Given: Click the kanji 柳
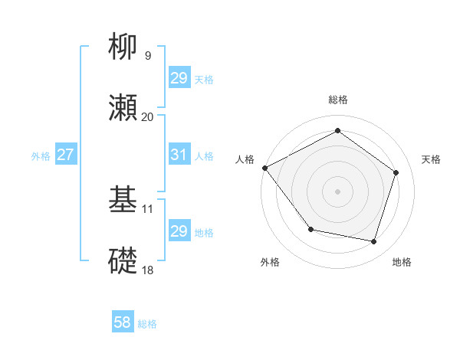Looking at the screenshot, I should [x=123, y=48].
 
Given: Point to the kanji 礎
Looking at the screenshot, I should [x=123, y=261].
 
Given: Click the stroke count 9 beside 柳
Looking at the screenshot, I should [x=147, y=55].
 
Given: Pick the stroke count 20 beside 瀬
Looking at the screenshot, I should [x=147, y=116].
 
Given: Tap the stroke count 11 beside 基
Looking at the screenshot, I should [x=148, y=208].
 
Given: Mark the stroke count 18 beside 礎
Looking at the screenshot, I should [x=147, y=269].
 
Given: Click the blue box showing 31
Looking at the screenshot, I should [x=179, y=155].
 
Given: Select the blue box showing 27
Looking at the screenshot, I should [x=65, y=155].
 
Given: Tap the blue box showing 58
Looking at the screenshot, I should [x=123, y=323].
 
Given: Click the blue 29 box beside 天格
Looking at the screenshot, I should [x=179, y=78].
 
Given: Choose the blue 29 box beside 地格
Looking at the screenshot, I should [x=179, y=231].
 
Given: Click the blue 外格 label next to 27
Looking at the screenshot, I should [x=41, y=155].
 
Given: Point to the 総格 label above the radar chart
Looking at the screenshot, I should [x=338, y=100].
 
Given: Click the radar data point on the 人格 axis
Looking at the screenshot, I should [x=264, y=168].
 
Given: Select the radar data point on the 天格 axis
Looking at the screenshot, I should [x=396, y=172].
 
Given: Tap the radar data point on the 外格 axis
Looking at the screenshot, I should [x=310, y=229].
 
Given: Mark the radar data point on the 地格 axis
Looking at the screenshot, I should [x=373, y=241].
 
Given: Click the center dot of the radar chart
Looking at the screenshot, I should [x=338, y=191].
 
